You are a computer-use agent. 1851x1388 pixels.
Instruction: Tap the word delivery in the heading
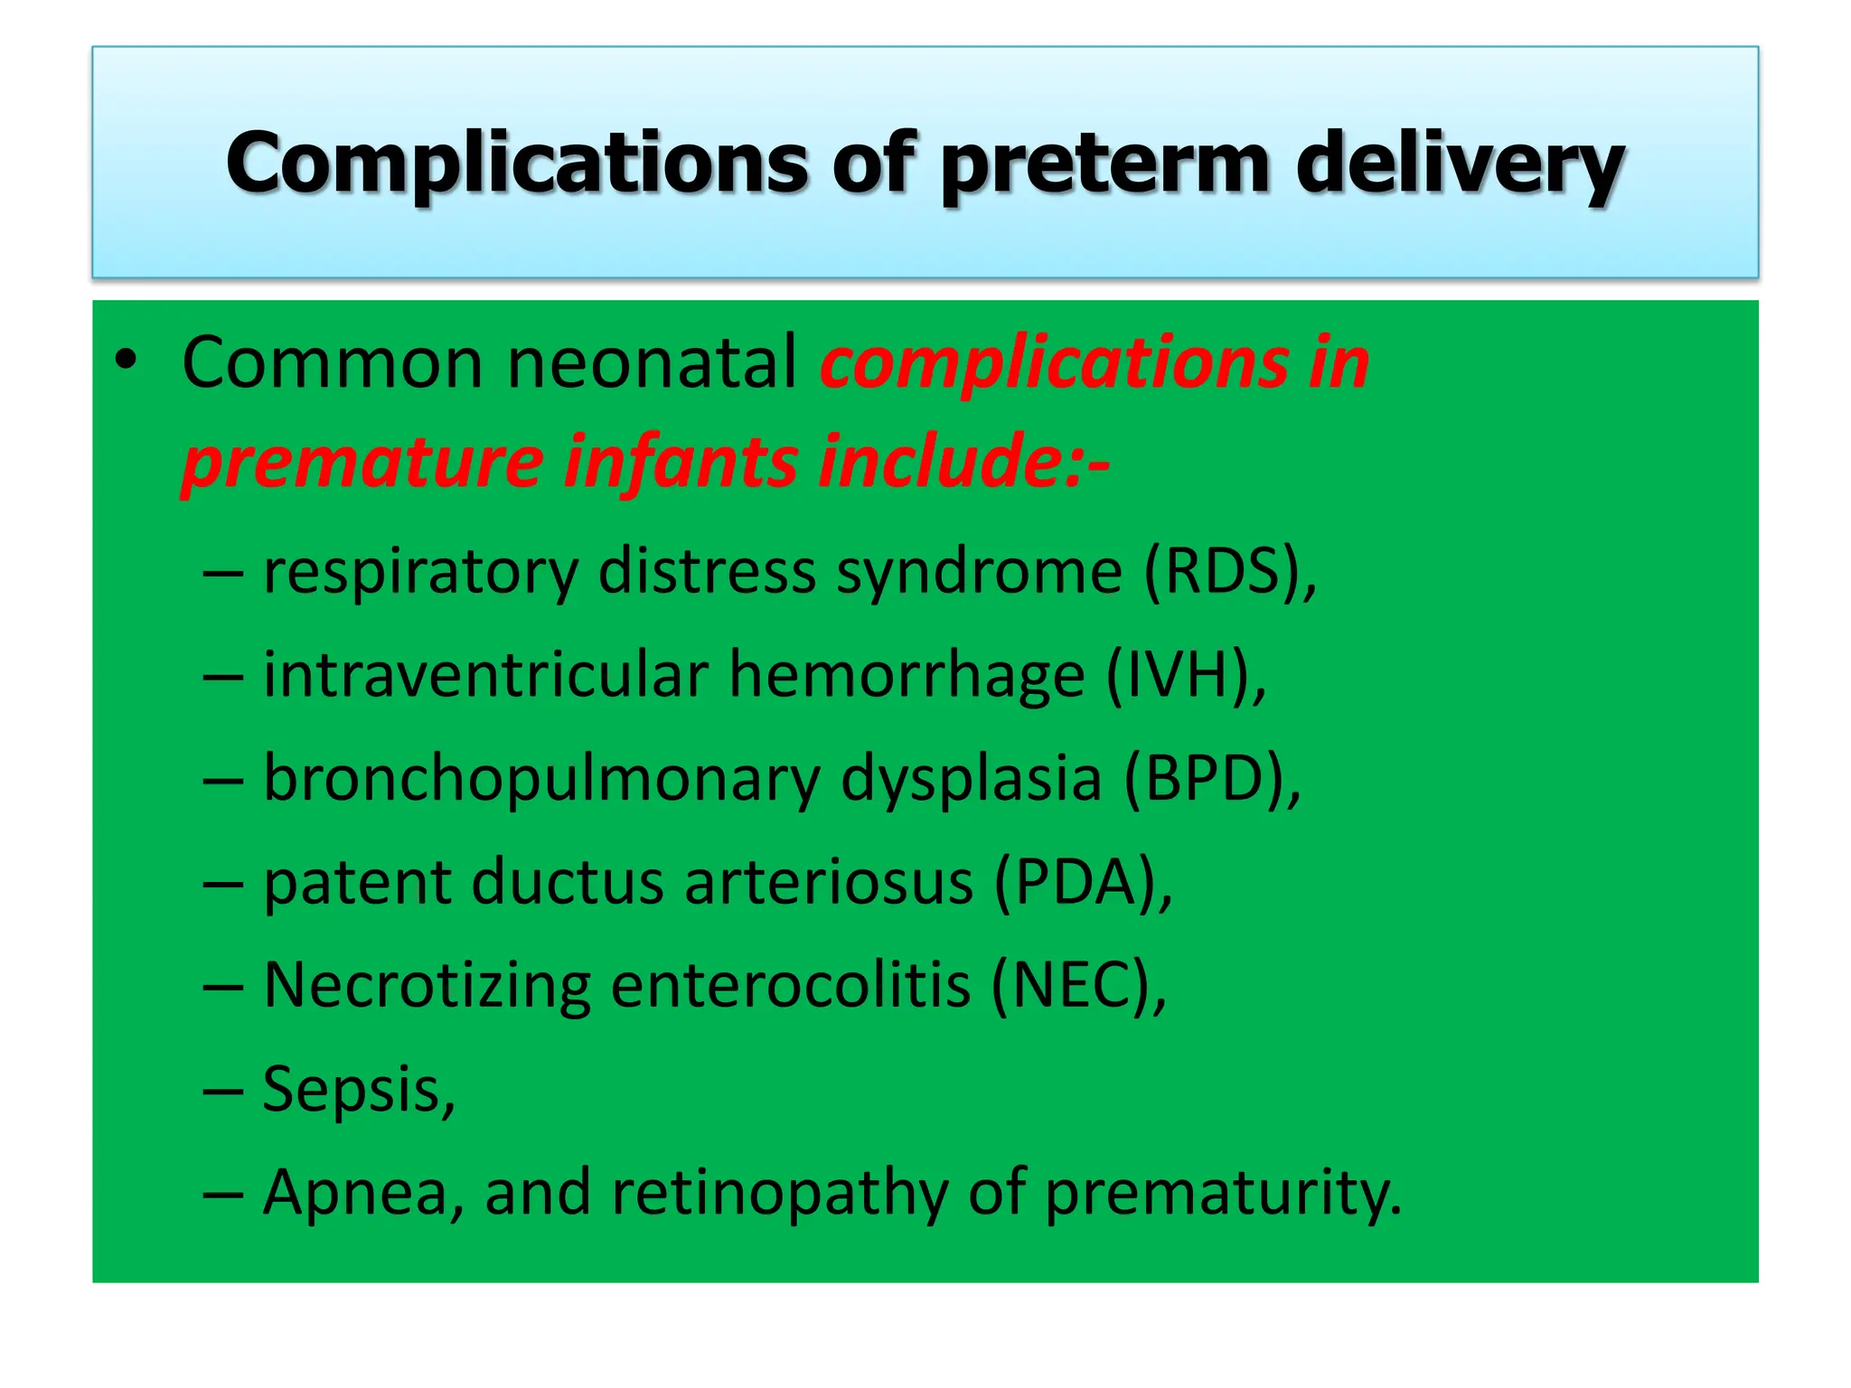(1459, 164)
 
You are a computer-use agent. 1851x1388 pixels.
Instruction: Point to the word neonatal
(651, 363)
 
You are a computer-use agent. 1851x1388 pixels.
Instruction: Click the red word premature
(362, 463)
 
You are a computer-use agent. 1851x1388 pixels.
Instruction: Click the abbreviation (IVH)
(1179, 676)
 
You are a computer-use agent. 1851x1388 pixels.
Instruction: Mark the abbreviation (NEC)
(1071, 986)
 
